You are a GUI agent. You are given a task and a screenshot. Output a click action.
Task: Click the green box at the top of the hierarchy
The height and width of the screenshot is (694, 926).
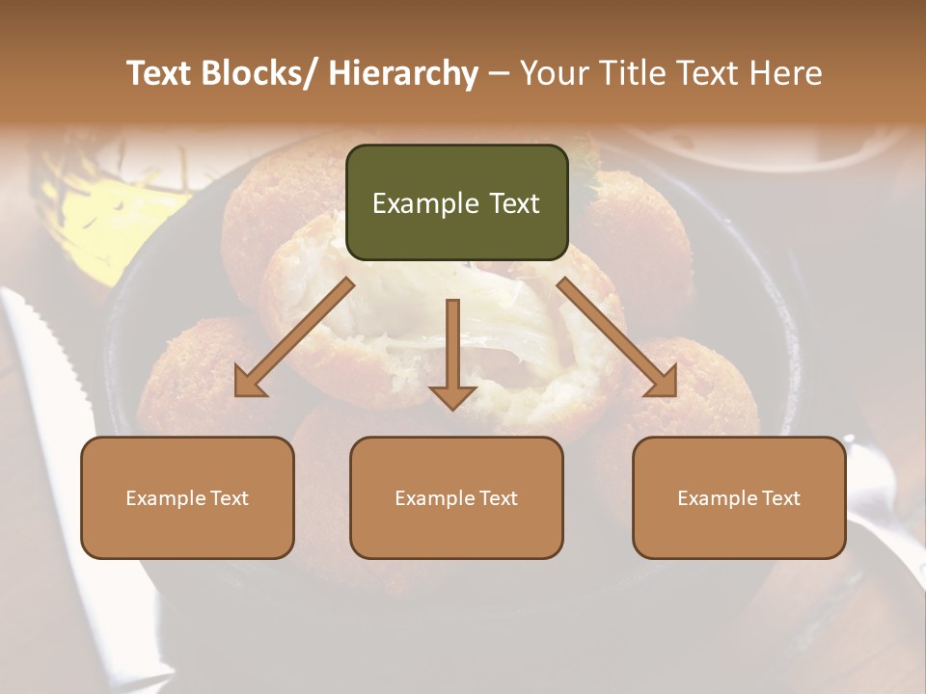[x=456, y=202]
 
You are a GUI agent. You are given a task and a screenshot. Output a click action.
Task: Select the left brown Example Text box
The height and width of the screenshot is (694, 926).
[x=187, y=497]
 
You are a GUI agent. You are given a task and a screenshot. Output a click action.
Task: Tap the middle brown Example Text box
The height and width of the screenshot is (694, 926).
[x=456, y=497]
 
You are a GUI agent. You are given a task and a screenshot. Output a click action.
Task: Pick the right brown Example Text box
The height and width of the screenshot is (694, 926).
[x=739, y=497]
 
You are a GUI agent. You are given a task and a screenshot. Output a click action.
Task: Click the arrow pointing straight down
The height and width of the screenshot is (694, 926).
[x=452, y=353]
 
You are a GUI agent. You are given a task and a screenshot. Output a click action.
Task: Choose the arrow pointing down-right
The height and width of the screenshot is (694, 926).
[x=617, y=337]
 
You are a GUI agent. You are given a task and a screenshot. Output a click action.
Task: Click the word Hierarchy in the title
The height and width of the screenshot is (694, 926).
[x=403, y=73]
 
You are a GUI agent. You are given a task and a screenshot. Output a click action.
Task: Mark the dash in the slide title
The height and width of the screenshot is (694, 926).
[x=498, y=73]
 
